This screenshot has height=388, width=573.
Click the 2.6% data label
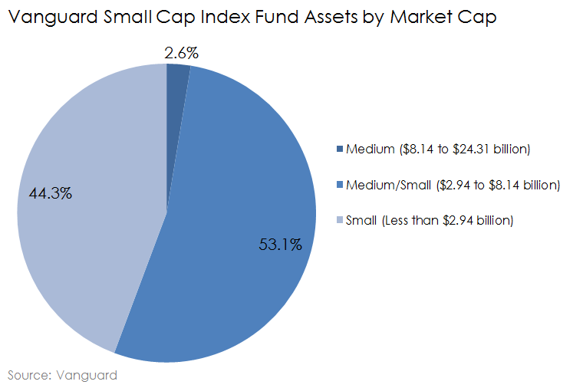182,53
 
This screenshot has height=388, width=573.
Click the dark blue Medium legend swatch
340,149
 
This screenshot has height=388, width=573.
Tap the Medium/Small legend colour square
340,185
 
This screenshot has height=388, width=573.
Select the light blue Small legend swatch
340,221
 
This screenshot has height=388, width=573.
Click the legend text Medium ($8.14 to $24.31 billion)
438,149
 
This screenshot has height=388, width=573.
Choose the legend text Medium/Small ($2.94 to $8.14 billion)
453,185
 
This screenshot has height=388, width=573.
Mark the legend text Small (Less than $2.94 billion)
430,221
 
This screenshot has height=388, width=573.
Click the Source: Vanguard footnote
62,375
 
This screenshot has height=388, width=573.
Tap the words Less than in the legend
413,221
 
